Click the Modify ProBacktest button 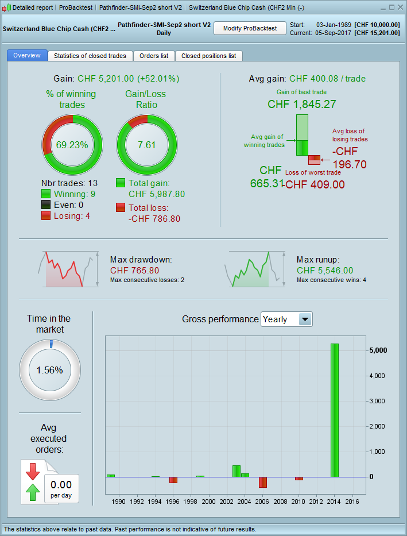pyautogui.click(x=250, y=28)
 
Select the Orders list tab pyautogui.click(x=154, y=56)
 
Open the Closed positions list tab pyautogui.click(x=208, y=56)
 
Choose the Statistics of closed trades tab pyautogui.click(x=91, y=56)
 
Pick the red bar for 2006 pyautogui.click(x=263, y=482)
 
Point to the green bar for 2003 pyautogui.click(x=236, y=471)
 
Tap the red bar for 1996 pyautogui.click(x=173, y=480)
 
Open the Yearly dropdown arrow pyautogui.click(x=305, y=319)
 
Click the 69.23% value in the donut pyautogui.click(x=72, y=145)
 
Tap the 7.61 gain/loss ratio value pyautogui.click(x=146, y=145)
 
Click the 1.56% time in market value pyautogui.click(x=50, y=370)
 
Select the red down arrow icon pyautogui.click(x=33, y=471)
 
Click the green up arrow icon pyautogui.click(x=33, y=492)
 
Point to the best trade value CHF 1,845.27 pyautogui.click(x=301, y=104)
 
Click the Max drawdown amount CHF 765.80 pyautogui.click(x=134, y=271)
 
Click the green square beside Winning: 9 pyautogui.click(x=46, y=194)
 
